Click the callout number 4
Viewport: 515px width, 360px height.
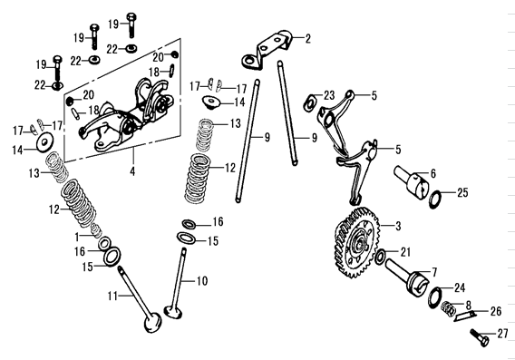click(132, 170)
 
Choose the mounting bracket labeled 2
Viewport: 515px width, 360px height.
click(269, 50)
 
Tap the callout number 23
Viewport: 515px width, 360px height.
click(329, 94)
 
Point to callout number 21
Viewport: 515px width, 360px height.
click(405, 252)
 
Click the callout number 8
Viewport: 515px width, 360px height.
click(468, 304)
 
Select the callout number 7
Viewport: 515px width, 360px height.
click(433, 270)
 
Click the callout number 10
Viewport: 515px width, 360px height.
click(202, 280)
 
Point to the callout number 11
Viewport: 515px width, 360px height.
click(114, 296)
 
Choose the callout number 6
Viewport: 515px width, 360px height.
click(433, 172)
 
